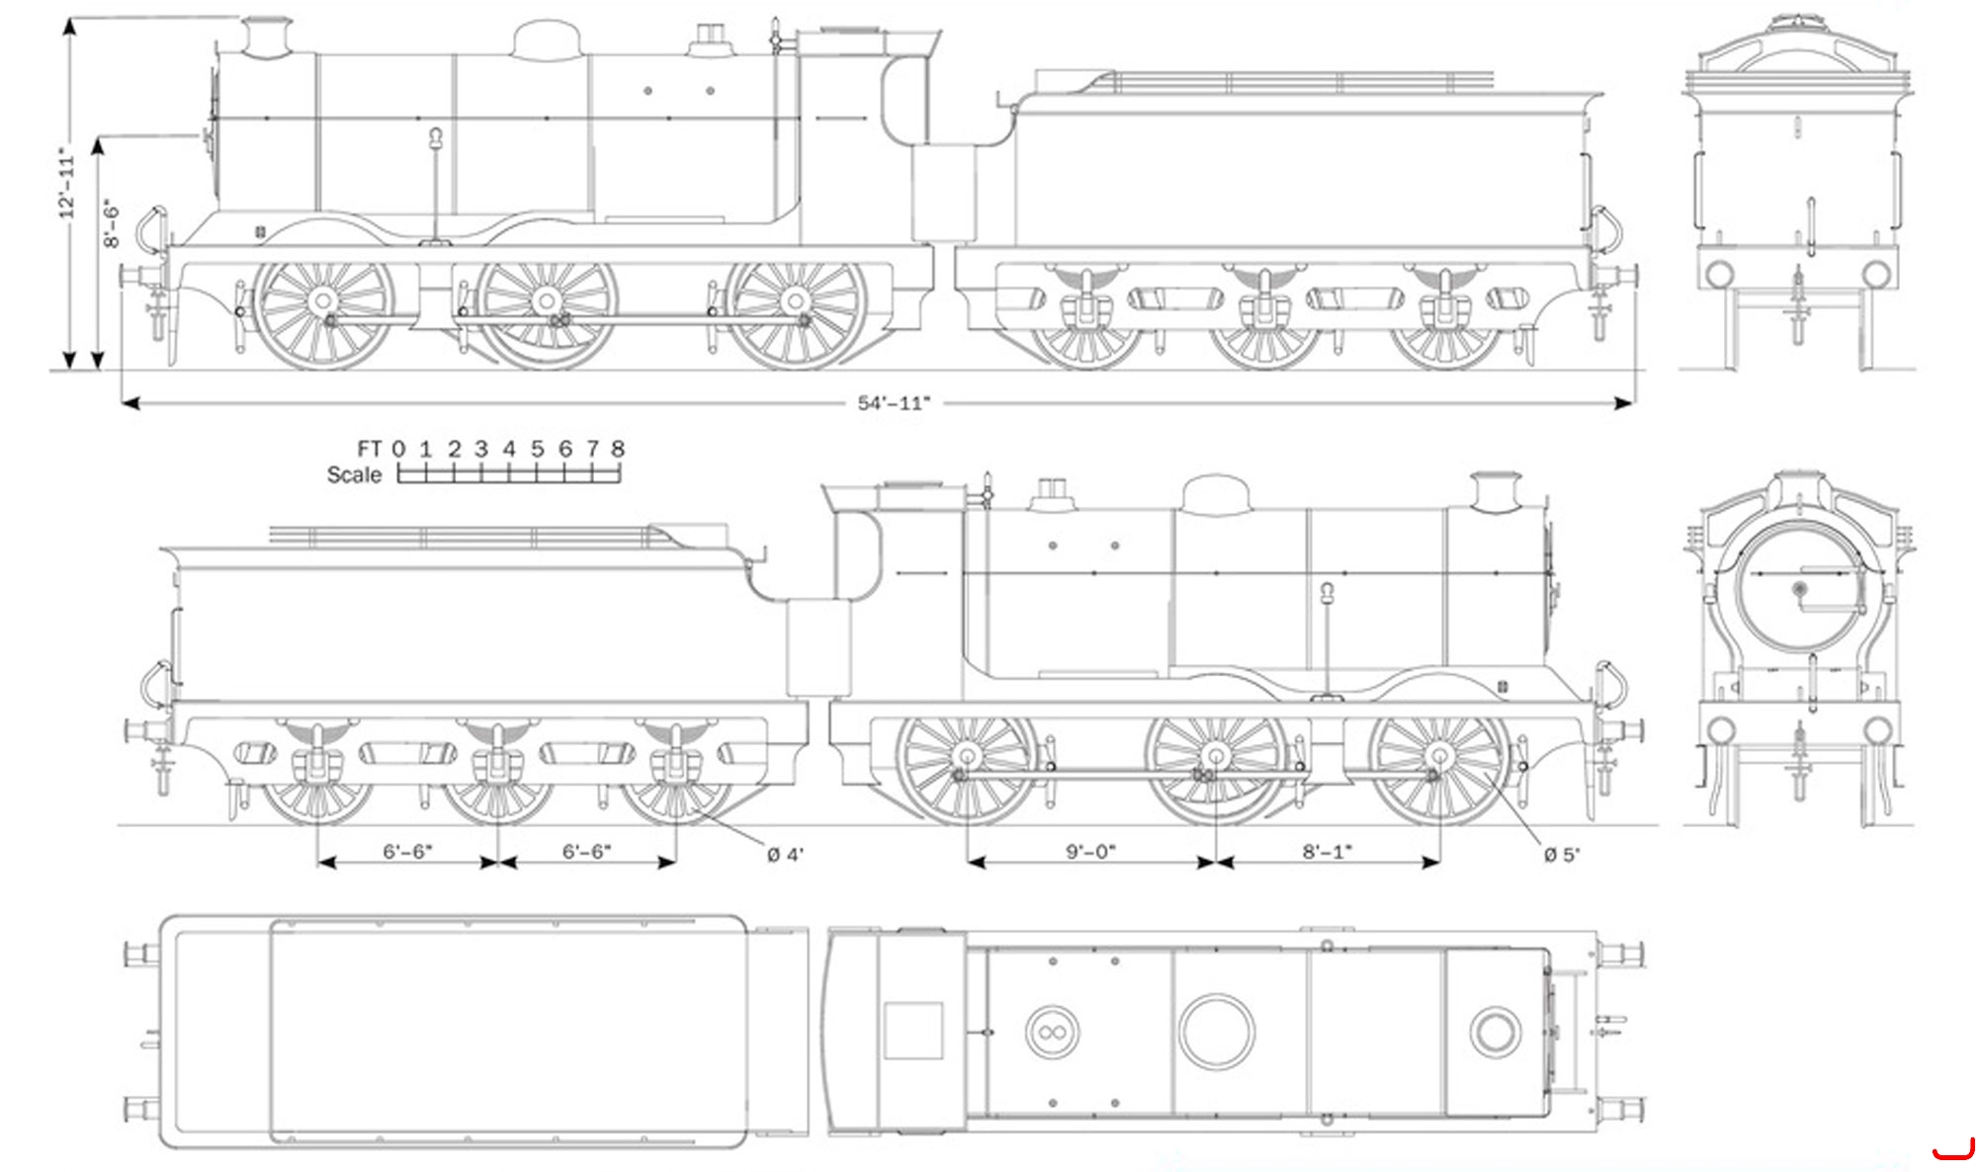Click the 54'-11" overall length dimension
click(894, 403)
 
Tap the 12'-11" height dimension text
click(66, 184)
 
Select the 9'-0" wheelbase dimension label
click(1090, 852)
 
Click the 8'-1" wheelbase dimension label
click(1327, 852)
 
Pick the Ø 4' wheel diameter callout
click(786, 854)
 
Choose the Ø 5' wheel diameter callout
click(1562, 854)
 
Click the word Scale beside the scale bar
click(354, 475)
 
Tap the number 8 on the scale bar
click(618, 449)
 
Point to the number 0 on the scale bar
click(398, 449)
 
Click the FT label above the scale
click(370, 449)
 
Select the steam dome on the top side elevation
click(546, 41)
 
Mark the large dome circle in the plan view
click(1217, 1032)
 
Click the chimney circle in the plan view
click(1495, 1032)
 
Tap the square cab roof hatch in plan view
click(913, 1031)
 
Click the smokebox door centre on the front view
click(1799, 589)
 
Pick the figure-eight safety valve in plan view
click(1052, 1032)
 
